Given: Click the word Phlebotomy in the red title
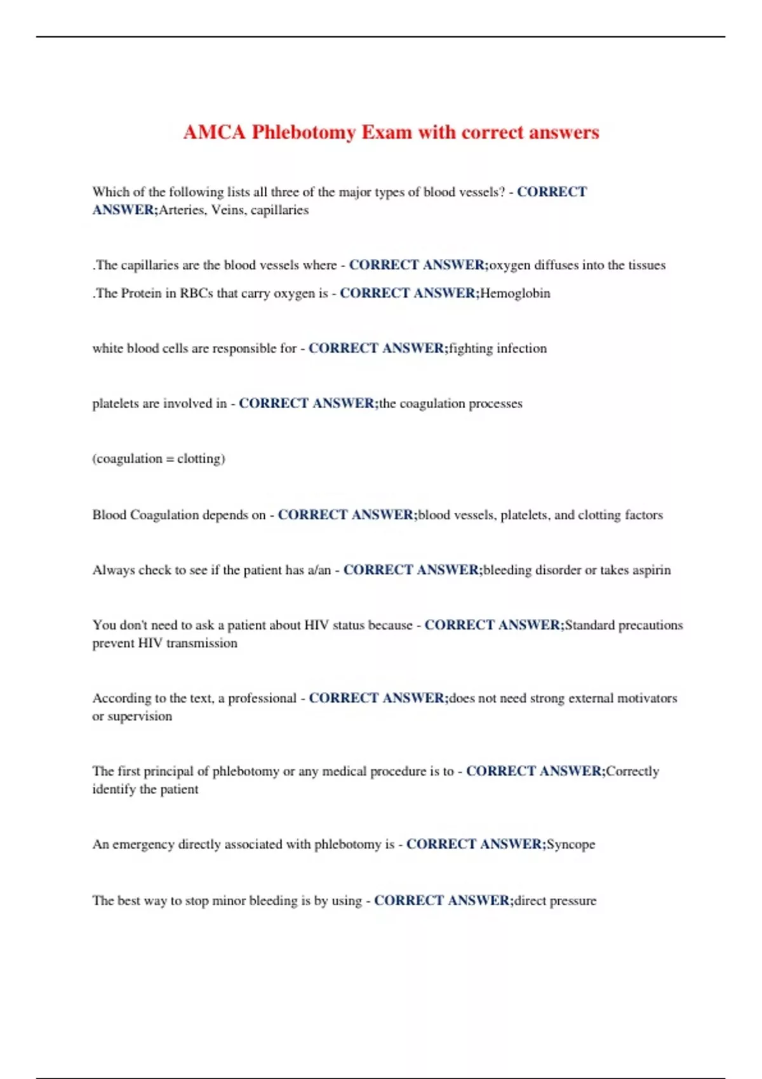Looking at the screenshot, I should coord(304,132).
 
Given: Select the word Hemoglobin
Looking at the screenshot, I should coord(515,293).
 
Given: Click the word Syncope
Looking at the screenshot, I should coord(571,845).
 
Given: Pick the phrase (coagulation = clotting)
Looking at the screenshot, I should coord(159,459).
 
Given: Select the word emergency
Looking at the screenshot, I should coord(143,845).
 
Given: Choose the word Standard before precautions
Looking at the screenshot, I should coord(589,625).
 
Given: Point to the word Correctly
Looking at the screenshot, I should coord(632,771).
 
